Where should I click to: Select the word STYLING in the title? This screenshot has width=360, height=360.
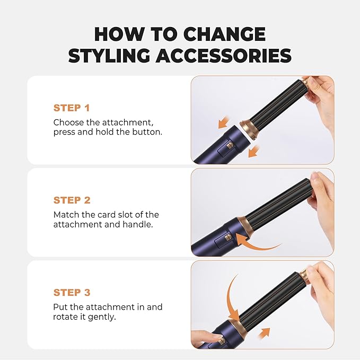coord(111,56)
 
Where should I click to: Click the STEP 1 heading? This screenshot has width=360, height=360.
coord(72,108)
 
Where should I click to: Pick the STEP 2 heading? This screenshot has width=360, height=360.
coord(72,200)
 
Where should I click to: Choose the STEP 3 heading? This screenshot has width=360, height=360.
coord(72,293)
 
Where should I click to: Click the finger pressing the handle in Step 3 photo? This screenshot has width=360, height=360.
coord(204,337)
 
